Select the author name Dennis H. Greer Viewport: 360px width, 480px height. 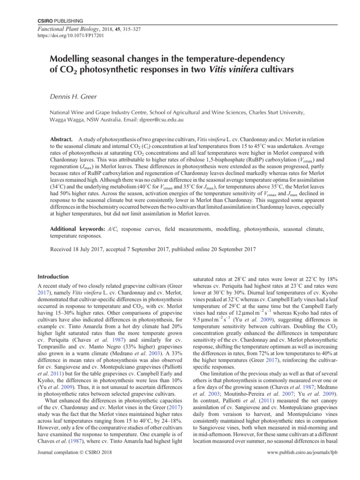click(x=76, y=97)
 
